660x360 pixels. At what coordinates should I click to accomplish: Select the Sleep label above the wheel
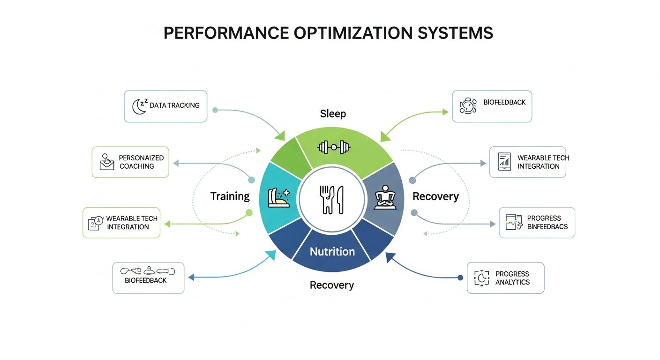click(333, 114)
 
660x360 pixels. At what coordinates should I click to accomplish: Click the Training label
click(230, 196)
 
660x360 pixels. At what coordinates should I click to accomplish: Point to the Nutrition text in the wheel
click(332, 252)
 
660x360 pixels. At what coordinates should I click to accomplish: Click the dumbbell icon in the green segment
click(334, 147)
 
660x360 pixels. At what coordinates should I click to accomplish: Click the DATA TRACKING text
click(174, 105)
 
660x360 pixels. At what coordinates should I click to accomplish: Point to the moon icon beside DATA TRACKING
click(139, 106)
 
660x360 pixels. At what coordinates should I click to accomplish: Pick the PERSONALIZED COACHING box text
click(141, 162)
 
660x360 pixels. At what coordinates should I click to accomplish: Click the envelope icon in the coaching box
click(107, 162)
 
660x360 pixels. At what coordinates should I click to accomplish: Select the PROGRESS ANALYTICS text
click(512, 278)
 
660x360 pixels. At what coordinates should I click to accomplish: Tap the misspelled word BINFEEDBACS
click(547, 226)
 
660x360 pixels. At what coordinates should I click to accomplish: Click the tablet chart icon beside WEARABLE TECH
click(504, 162)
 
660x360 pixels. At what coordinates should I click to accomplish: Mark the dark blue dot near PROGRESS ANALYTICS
click(460, 278)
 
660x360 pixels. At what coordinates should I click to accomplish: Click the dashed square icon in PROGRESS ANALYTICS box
click(481, 278)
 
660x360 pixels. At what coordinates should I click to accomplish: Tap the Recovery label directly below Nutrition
click(332, 285)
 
